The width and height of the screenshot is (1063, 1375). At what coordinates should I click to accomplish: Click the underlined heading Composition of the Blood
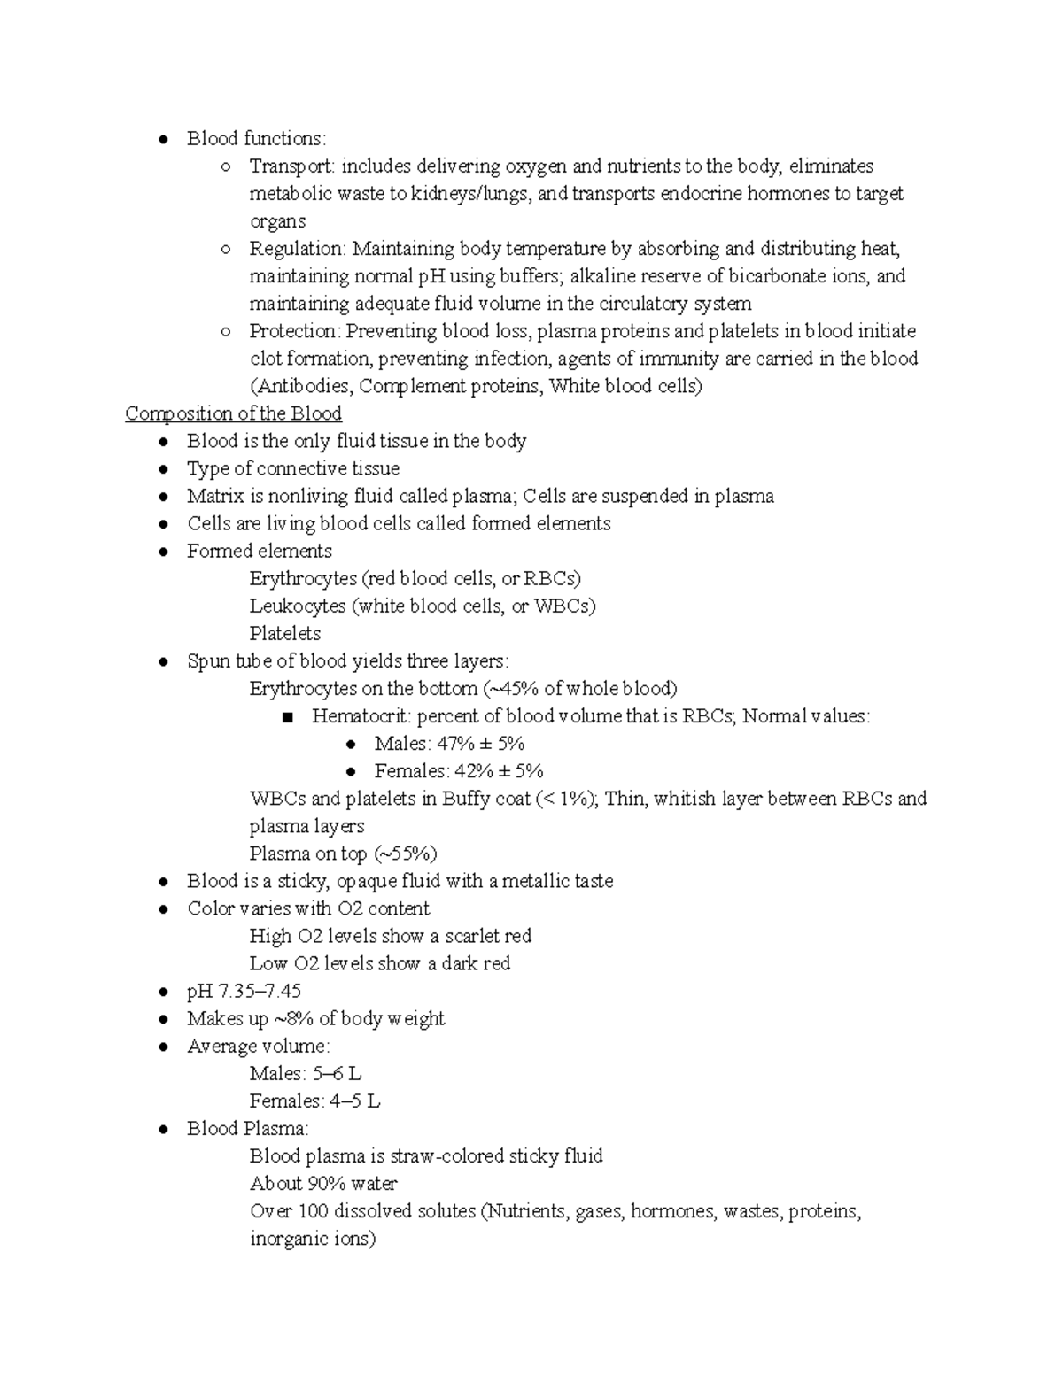coord(233,413)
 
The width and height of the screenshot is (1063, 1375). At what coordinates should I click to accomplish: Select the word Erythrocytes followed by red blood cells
coord(303,579)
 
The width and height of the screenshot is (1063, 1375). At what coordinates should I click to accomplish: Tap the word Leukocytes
coord(298,606)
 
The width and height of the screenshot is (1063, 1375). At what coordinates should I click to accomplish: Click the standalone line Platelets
coord(285,634)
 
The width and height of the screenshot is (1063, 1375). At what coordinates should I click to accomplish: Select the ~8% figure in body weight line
coord(292,1019)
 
